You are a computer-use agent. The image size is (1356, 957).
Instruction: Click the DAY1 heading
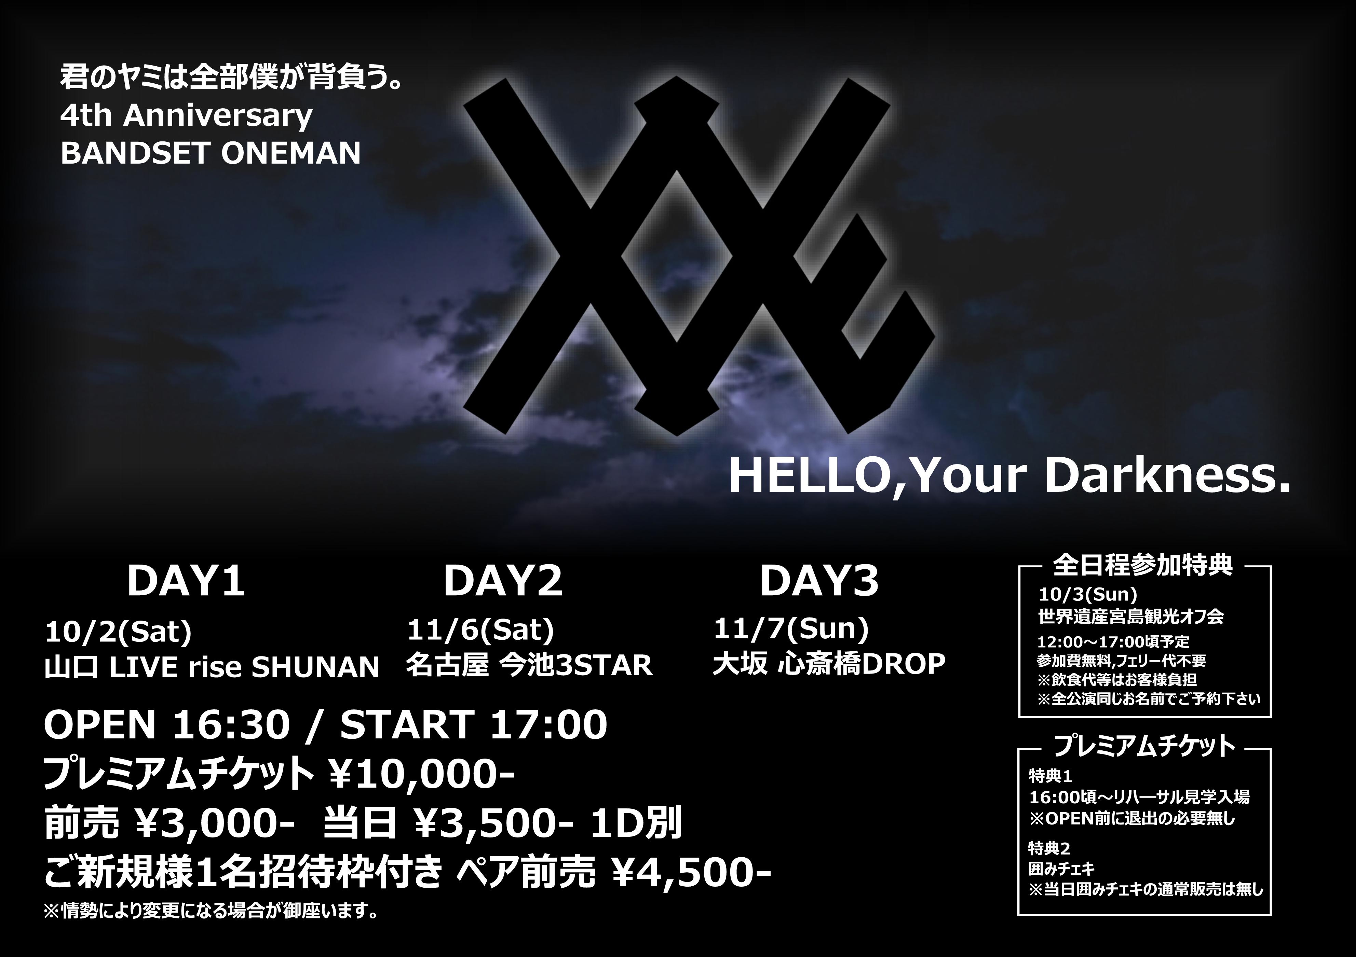point(186,582)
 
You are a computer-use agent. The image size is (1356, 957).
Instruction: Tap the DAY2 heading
point(503,582)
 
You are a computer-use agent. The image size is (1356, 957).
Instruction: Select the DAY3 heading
point(819,582)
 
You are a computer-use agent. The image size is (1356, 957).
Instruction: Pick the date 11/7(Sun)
point(791,629)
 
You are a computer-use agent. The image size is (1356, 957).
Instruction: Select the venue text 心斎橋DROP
point(862,664)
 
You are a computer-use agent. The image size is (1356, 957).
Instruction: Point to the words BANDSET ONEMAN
point(210,153)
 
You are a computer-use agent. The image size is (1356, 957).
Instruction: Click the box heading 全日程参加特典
point(1143,565)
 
